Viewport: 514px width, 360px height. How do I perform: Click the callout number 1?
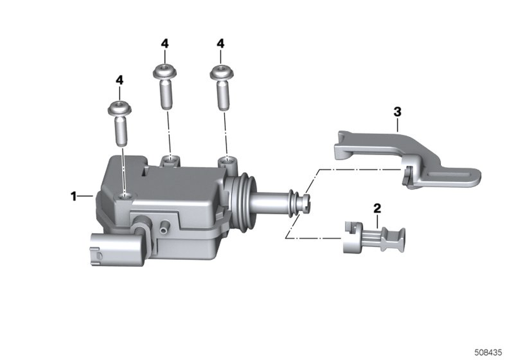(x=74, y=196)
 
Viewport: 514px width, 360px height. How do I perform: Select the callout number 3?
(x=397, y=112)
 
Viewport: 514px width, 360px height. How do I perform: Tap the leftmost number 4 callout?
(x=120, y=80)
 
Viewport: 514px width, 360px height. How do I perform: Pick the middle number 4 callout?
(x=165, y=44)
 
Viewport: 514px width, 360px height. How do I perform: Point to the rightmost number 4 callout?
(x=221, y=44)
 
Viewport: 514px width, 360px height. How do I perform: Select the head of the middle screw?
(x=165, y=71)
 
